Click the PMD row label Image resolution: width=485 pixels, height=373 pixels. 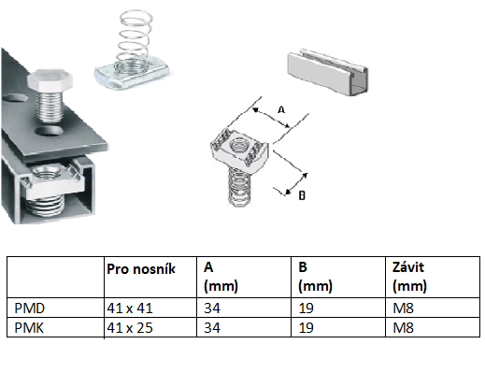click(30, 308)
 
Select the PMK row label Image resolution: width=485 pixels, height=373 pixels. click(29, 328)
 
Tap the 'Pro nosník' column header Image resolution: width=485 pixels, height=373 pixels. click(141, 269)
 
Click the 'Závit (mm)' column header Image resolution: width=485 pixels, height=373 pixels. click(409, 277)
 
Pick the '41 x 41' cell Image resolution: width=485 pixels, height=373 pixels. click(130, 308)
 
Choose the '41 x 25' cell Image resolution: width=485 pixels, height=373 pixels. click(130, 328)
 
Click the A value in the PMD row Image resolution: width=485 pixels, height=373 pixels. click(212, 308)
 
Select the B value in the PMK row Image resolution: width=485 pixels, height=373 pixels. click(306, 328)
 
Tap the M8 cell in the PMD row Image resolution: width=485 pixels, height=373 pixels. click(403, 308)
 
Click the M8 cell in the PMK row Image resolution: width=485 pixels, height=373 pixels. click(403, 328)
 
